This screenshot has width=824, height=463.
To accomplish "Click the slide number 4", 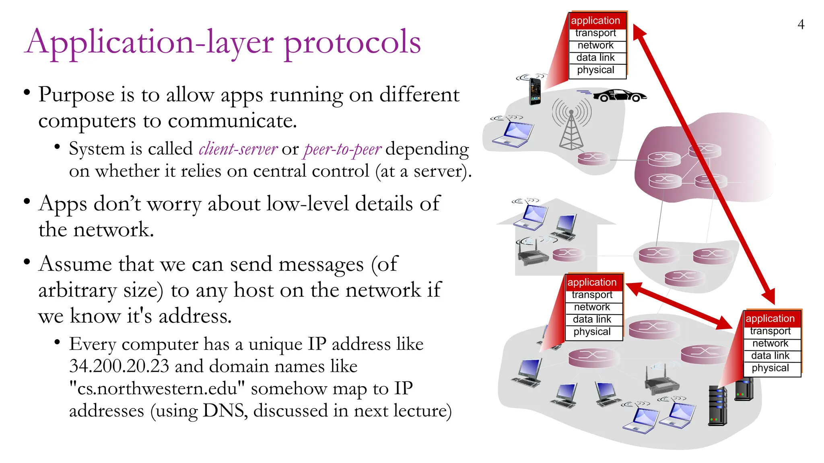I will [x=801, y=25].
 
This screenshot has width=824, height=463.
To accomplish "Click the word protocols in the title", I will [x=352, y=43].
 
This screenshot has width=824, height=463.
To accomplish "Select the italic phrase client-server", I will [x=238, y=149].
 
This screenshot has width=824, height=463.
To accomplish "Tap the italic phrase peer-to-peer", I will [x=342, y=149].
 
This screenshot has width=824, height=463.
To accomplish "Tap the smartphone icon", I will [x=535, y=91].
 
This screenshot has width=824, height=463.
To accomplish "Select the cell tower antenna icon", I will [x=571, y=125].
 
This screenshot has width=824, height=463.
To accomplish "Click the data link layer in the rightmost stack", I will [x=770, y=356].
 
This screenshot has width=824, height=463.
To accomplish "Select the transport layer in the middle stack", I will [x=592, y=295].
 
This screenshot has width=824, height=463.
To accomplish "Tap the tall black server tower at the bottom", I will [x=717, y=406].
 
